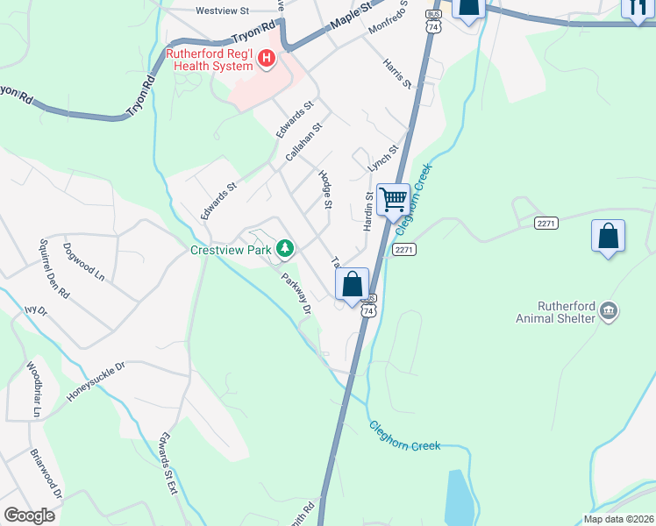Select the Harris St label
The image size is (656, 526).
point(396,73)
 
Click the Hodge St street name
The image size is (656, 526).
point(325,189)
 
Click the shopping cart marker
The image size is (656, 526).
point(393,199)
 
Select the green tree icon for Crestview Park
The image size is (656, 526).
point(285,249)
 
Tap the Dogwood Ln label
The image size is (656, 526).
point(83,260)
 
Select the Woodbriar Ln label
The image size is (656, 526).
point(33,388)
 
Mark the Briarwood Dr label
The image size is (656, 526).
point(46,476)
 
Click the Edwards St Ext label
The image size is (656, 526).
point(168,466)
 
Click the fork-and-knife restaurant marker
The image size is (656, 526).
point(636,8)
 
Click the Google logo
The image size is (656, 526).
point(29,515)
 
